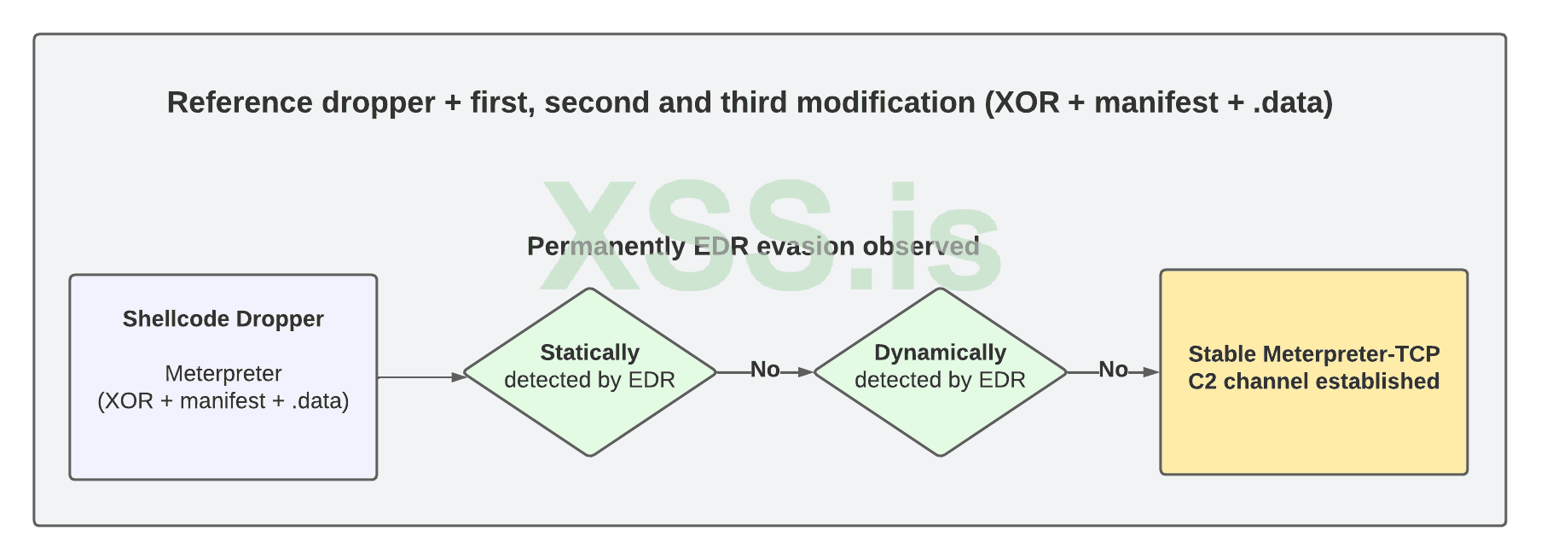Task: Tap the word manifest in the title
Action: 1156,102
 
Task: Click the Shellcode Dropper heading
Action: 223,319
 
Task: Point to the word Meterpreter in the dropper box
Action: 223,374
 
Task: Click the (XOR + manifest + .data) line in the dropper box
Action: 223,401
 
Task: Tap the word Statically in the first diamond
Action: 589,353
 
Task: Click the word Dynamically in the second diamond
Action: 940,353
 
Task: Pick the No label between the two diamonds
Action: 765,370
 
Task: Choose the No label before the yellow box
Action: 1113,370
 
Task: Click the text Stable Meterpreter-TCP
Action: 1313,354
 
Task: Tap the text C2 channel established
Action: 1313,382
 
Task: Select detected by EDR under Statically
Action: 589,380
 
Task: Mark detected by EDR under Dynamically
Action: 940,380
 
